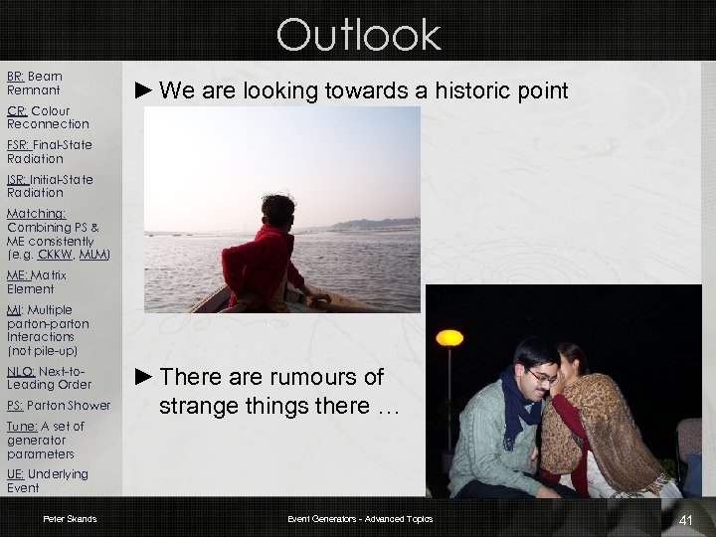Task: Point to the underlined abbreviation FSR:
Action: tap(20, 145)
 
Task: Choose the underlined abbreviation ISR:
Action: tap(18, 180)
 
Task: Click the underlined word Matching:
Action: tap(37, 214)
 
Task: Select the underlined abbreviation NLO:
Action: tap(21, 371)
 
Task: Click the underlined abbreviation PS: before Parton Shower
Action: tap(15, 406)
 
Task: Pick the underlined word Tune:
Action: tap(23, 427)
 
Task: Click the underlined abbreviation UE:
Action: tap(16, 474)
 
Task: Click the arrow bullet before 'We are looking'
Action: tap(143, 91)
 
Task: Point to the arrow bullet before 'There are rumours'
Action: tap(143, 377)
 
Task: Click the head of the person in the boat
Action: tap(271, 212)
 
